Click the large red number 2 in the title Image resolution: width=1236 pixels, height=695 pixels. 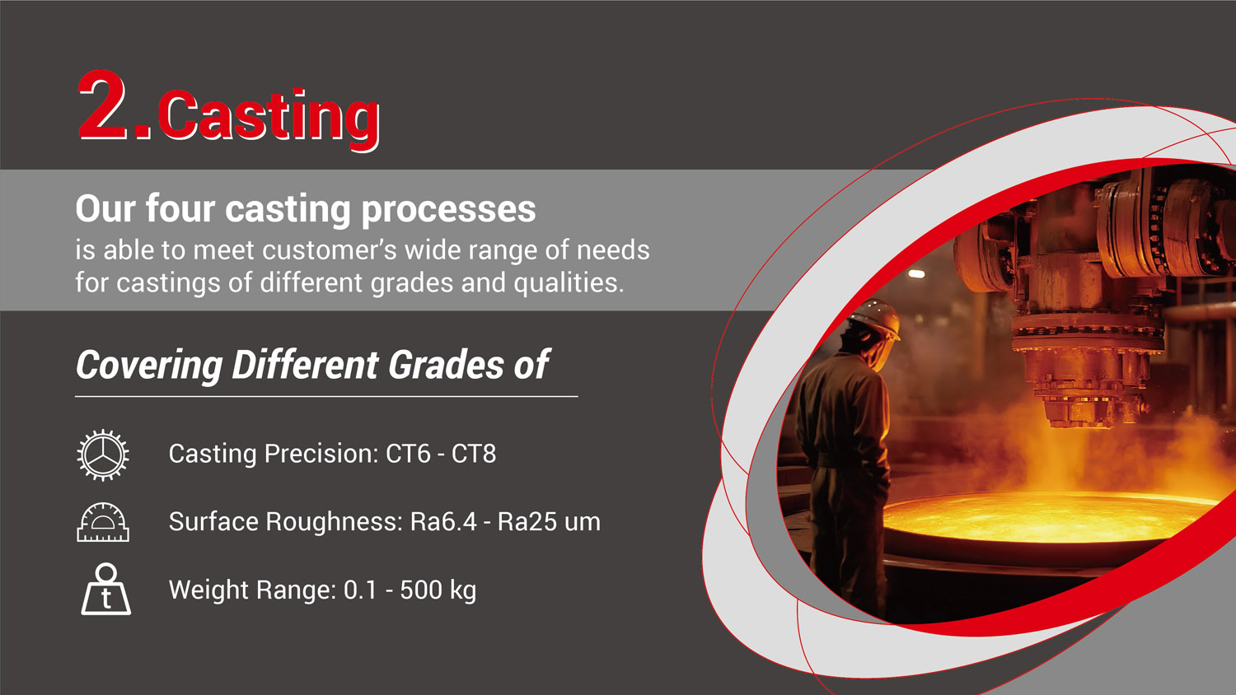(105, 107)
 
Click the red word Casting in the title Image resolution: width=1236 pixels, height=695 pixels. (269, 116)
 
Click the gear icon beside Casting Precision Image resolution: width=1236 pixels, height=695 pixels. (103, 455)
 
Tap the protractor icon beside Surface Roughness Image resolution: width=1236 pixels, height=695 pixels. (103, 523)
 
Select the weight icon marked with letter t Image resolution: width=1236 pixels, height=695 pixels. (105, 590)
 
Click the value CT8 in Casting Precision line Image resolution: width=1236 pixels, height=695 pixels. (474, 454)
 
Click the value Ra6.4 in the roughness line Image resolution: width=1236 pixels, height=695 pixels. (443, 522)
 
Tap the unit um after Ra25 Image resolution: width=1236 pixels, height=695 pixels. (582, 522)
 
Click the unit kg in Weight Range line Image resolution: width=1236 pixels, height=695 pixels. (463, 591)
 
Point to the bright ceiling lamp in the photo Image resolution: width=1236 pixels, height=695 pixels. (916, 273)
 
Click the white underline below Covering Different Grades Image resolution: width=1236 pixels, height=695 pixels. (326, 396)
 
